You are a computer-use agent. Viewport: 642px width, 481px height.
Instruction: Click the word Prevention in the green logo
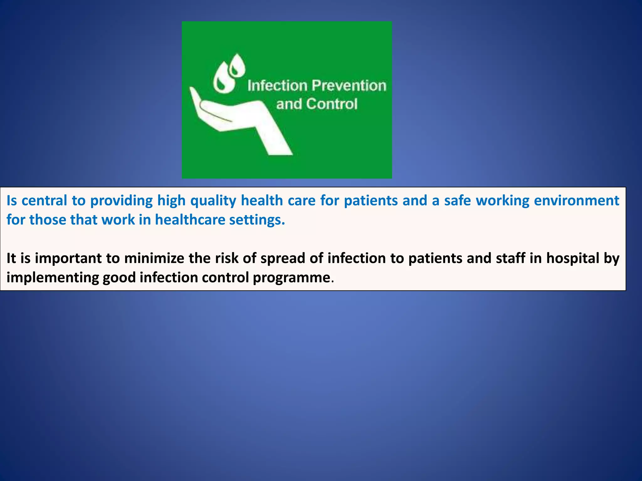pyautogui.click(x=349, y=85)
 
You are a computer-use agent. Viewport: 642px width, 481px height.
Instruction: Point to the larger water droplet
pyautogui.click(x=224, y=78)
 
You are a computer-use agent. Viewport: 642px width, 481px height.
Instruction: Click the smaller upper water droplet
pyautogui.click(x=237, y=65)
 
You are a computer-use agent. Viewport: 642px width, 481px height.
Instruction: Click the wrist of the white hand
pyautogui.click(x=276, y=141)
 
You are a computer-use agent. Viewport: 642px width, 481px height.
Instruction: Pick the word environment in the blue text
pyautogui.click(x=576, y=200)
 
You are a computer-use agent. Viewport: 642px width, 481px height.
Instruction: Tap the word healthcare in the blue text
pyautogui.click(x=190, y=220)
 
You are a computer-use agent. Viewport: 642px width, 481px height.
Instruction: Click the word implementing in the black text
pyautogui.click(x=53, y=278)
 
